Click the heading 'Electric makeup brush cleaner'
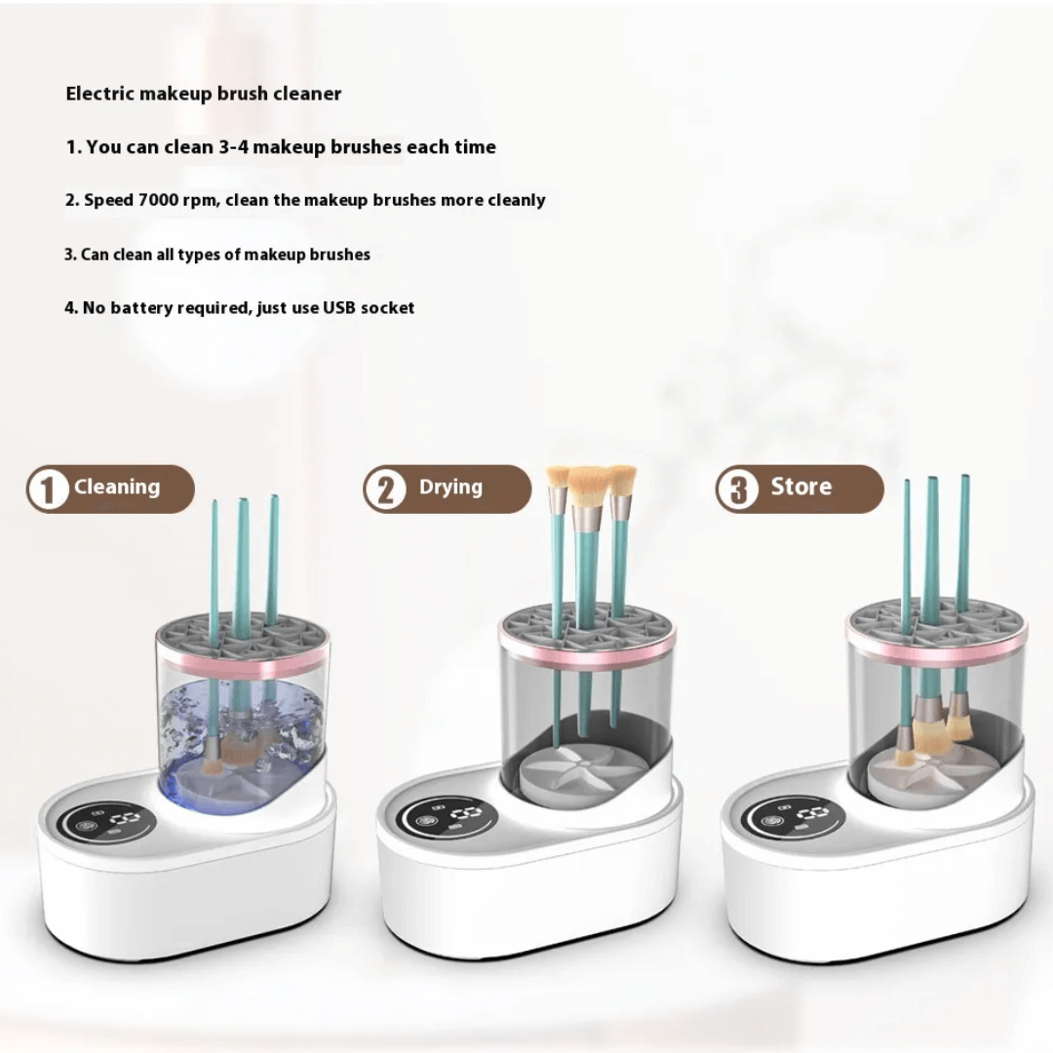(204, 94)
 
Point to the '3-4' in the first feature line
(233, 147)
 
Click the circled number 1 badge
(48, 488)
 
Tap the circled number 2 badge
(385, 488)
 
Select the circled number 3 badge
(737, 488)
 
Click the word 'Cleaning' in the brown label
(117, 487)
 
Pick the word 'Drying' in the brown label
(450, 487)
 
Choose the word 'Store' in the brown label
(801, 486)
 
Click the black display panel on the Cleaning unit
(107, 822)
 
